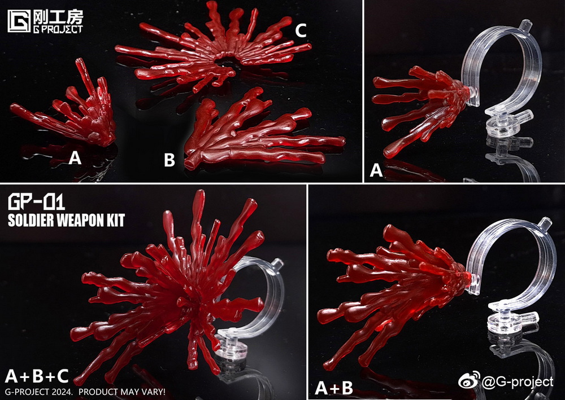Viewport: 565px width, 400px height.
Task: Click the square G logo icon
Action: click(19, 21)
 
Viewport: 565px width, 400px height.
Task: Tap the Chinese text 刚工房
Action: click(58, 16)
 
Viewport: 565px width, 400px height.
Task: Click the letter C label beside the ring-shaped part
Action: click(301, 30)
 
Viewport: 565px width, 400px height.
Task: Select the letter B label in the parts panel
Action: click(169, 160)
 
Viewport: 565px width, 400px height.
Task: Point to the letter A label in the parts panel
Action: click(75, 157)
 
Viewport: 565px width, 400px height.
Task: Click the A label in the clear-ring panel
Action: click(376, 170)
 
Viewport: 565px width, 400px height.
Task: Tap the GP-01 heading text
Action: click(36, 202)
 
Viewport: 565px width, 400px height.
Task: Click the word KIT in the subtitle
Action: click(115, 221)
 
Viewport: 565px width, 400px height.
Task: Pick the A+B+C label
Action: click(37, 376)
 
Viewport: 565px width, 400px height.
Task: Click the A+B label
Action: click(334, 388)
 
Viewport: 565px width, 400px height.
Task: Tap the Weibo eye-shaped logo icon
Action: click(469, 380)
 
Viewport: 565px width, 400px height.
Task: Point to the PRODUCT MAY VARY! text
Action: click(122, 392)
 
